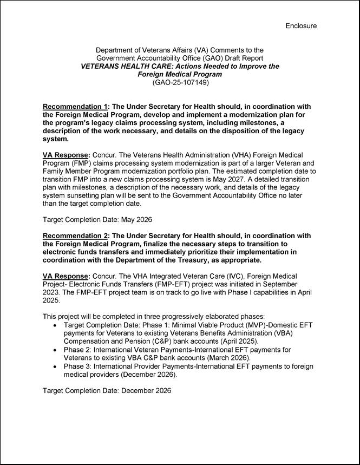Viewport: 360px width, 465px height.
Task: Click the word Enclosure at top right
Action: click(301, 25)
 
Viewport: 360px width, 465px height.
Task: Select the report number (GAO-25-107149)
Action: click(180, 83)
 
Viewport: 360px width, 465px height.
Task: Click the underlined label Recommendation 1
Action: click(74, 107)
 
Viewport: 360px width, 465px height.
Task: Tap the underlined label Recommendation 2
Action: click(74, 235)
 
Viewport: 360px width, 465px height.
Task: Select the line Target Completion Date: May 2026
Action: click(97, 220)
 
